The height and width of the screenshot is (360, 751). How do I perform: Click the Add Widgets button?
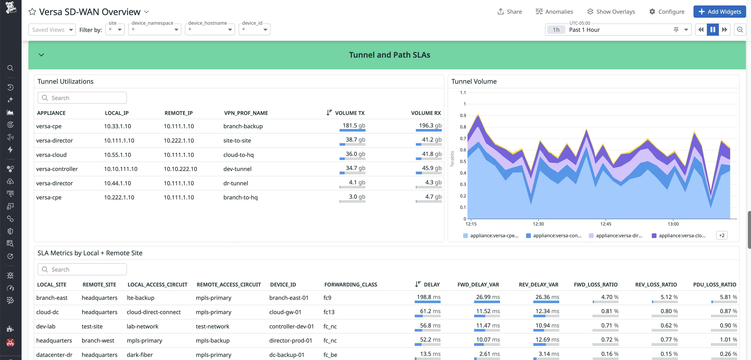click(719, 12)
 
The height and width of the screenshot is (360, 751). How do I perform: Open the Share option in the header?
click(510, 12)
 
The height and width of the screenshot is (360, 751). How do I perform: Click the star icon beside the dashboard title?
click(32, 12)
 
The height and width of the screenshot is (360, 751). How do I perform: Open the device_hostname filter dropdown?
click(210, 30)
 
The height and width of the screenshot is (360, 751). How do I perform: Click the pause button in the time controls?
click(713, 30)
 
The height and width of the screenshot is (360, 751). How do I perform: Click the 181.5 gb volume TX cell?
click(354, 126)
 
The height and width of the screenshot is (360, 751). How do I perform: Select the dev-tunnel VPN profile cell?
click(237, 169)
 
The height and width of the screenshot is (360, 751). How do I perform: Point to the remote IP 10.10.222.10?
click(180, 169)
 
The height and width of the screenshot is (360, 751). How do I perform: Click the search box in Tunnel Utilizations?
click(82, 98)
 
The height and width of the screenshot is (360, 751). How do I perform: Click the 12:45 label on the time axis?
click(606, 224)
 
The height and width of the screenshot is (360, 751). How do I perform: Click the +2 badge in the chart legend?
click(722, 235)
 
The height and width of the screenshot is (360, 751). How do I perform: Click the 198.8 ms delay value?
click(428, 297)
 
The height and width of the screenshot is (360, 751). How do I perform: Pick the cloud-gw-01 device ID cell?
click(285, 312)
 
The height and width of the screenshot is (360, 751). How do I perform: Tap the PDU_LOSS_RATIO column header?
click(714, 285)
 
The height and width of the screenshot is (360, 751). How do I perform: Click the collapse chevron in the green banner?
click(41, 55)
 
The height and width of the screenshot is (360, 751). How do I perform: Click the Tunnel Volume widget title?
click(474, 82)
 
